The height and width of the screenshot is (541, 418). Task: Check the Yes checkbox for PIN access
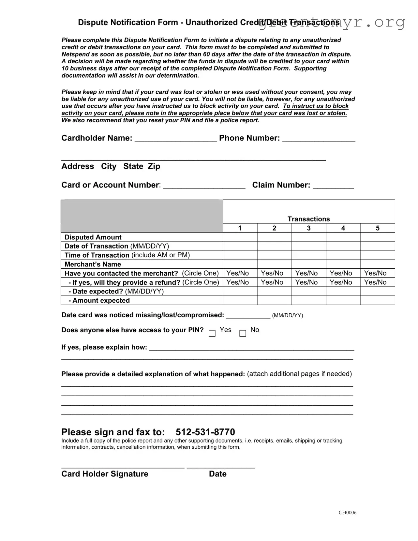click(212, 333)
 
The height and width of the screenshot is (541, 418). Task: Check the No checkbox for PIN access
click(243, 333)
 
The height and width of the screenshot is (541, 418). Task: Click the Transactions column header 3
click(308, 228)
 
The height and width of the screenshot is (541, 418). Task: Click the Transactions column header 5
click(378, 228)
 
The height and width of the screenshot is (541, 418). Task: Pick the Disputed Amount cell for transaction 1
click(240, 237)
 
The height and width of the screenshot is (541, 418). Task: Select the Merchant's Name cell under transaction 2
click(274, 264)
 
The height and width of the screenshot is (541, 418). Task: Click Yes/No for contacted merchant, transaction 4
click(341, 273)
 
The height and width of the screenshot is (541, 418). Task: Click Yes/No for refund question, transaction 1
click(238, 282)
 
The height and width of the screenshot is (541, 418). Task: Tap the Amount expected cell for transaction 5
click(378, 300)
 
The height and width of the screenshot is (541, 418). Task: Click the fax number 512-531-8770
click(205, 432)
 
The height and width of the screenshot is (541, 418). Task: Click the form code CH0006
click(347, 513)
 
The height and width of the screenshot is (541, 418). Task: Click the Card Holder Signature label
click(105, 474)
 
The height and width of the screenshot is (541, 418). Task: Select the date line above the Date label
click(221, 467)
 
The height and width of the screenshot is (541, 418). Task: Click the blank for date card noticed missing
click(248, 316)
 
